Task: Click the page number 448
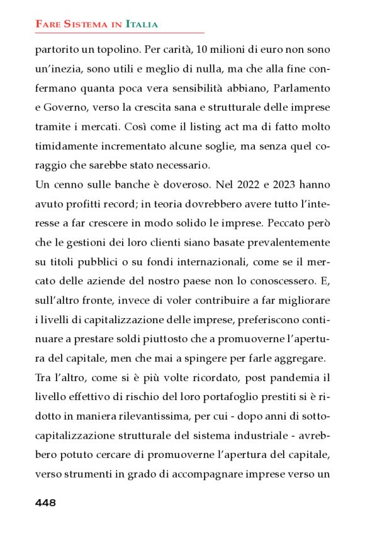[x=45, y=503]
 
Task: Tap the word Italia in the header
[x=142, y=24]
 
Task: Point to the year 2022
[x=254, y=186]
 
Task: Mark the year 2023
[x=287, y=186]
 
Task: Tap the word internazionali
[x=231, y=265]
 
